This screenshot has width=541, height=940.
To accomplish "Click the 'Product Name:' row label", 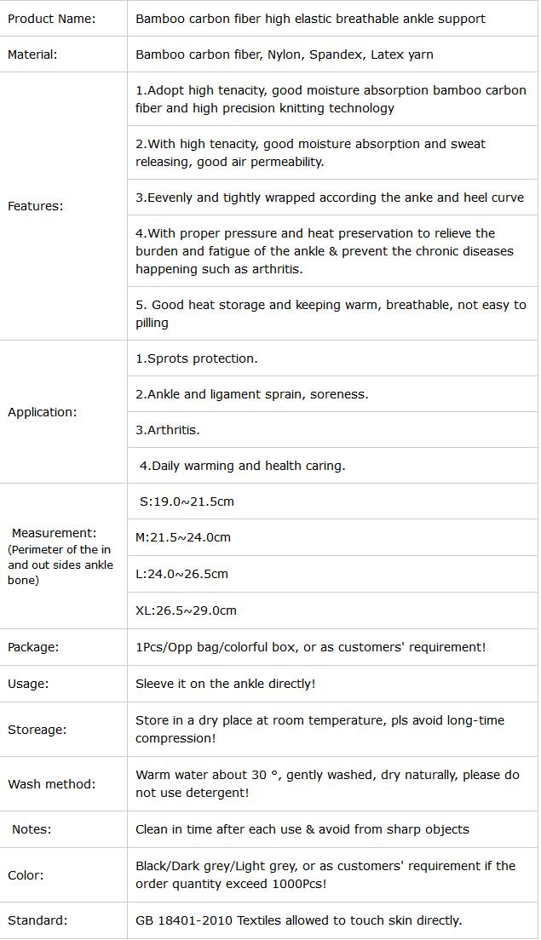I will (x=51, y=18).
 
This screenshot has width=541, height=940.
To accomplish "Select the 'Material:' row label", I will (x=32, y=54).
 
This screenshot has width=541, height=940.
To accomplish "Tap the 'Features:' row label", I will (x=35, y=206).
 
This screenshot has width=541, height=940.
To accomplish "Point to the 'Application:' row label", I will (x=42, y=412).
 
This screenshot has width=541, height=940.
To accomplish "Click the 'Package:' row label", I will (x=33, y=647).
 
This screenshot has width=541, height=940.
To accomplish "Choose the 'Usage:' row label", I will (x=28, y=684).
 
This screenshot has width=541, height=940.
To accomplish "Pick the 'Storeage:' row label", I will (x=37, y=730).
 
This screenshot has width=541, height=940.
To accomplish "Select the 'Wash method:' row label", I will (x=51, y=784).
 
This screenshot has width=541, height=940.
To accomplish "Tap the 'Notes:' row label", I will (x=32, y=829).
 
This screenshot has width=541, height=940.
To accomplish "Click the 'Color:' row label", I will (x=26, y=875).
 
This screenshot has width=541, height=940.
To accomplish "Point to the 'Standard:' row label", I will (x=37, y=920).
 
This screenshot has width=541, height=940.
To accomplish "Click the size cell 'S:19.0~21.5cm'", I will (x=187, y=502).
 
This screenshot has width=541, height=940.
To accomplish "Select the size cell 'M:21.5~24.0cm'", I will (x=183, y=537).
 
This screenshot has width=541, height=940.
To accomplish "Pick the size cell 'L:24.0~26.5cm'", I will (x=181, y=574).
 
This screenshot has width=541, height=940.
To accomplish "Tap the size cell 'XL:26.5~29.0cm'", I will (x=186, y=610).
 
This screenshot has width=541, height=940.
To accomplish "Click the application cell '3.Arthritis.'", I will (x=168, y=430).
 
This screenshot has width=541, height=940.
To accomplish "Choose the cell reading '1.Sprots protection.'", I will (x=197, y=358).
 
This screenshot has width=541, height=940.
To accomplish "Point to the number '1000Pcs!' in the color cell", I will (x=299, y=884).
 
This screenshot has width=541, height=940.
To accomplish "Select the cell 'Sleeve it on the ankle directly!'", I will (x=226, y=684).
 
